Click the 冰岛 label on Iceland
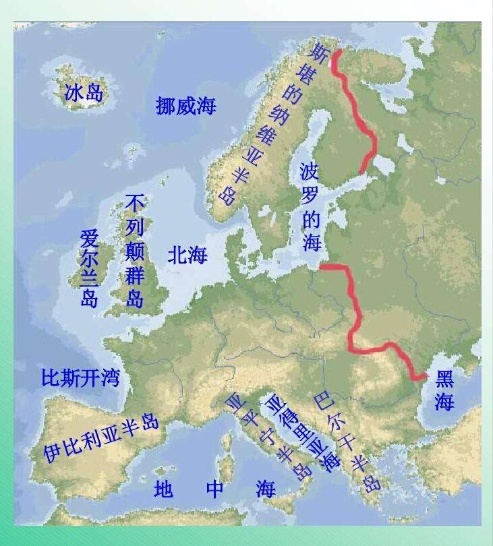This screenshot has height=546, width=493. click(84, 92)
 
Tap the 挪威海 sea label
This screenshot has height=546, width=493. click(185, 106)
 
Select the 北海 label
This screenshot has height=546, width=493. click(187, 255)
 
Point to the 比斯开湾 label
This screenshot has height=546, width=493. click(80, 378)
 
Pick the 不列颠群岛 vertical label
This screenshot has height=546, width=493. click(135, 251)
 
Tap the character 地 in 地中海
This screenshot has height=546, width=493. click(163, 489)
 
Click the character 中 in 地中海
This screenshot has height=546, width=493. click(214, 489)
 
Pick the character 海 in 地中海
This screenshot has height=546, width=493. click(266, 489)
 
